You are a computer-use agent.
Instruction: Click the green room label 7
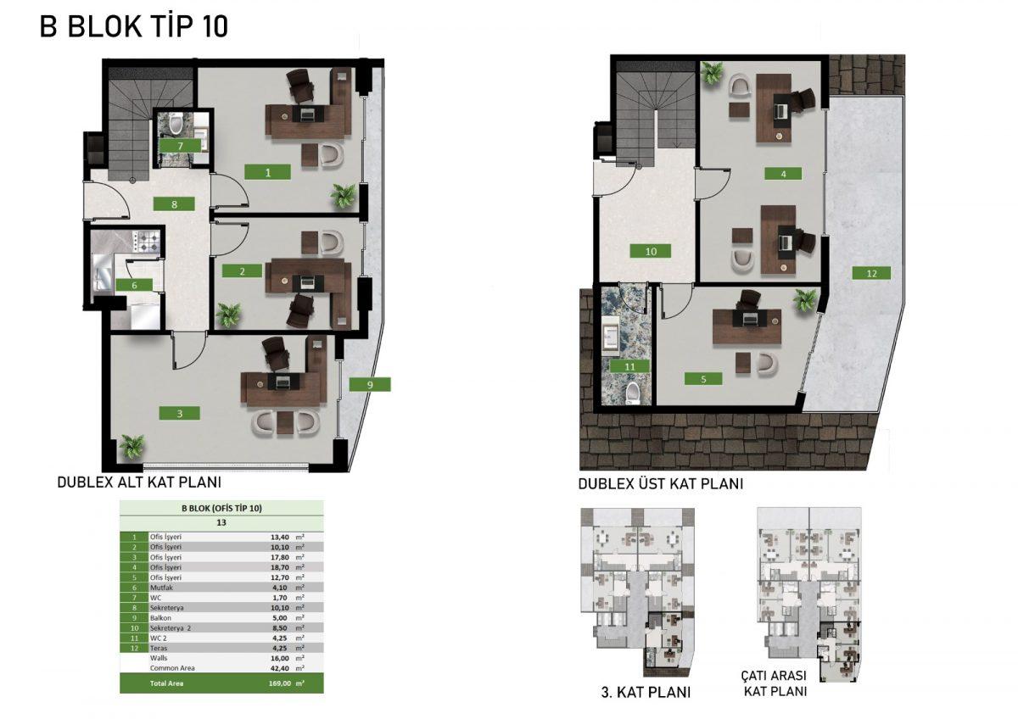click(180, 146)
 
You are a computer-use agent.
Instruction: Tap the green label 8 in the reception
click(174, 204)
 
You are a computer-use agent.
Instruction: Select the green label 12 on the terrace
click(871, 273)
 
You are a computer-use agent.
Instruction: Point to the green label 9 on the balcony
click(370, 385)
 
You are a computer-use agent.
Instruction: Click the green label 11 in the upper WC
click(629, 366)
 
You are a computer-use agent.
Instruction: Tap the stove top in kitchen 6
click(146, 241)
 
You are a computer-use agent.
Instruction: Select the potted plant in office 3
click(131, 447)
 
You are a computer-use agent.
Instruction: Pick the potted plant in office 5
click(805, 302)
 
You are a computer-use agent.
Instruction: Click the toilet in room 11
click(632, 393)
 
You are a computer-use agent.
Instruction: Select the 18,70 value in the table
click(280, 567)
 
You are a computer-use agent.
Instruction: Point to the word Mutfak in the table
click(161, 588)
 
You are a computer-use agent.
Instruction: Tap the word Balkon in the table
click(161, 618)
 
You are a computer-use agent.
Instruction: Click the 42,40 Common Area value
click(280, 668)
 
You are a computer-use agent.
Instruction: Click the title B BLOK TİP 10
click(134, 26)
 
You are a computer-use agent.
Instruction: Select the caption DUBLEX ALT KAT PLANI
click(139, 482)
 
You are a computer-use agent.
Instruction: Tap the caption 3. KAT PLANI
click(646, 692)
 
